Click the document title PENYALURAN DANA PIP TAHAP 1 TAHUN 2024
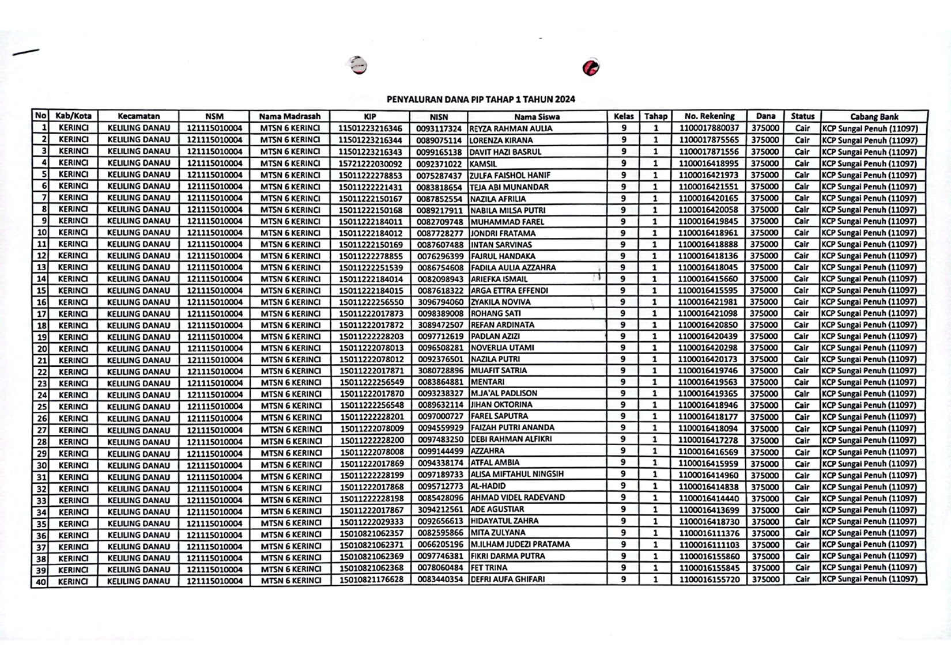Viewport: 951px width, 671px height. click(481, 99)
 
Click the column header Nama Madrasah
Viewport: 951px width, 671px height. click(289, 116)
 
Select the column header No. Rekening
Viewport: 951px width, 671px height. click(709, 116)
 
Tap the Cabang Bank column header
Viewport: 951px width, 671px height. click(874, 116)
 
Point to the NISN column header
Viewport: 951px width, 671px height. click(439, 116)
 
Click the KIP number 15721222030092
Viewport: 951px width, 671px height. click(370, 164)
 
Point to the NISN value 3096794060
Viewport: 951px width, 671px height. click(440, 302)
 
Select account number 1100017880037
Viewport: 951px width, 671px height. click(708, 128)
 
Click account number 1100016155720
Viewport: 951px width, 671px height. click(708, 579)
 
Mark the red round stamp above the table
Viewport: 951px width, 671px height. click(591, 67)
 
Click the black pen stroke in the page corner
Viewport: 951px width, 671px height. click(26, 52)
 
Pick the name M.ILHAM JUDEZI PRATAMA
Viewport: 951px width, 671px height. click(520, 544)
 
